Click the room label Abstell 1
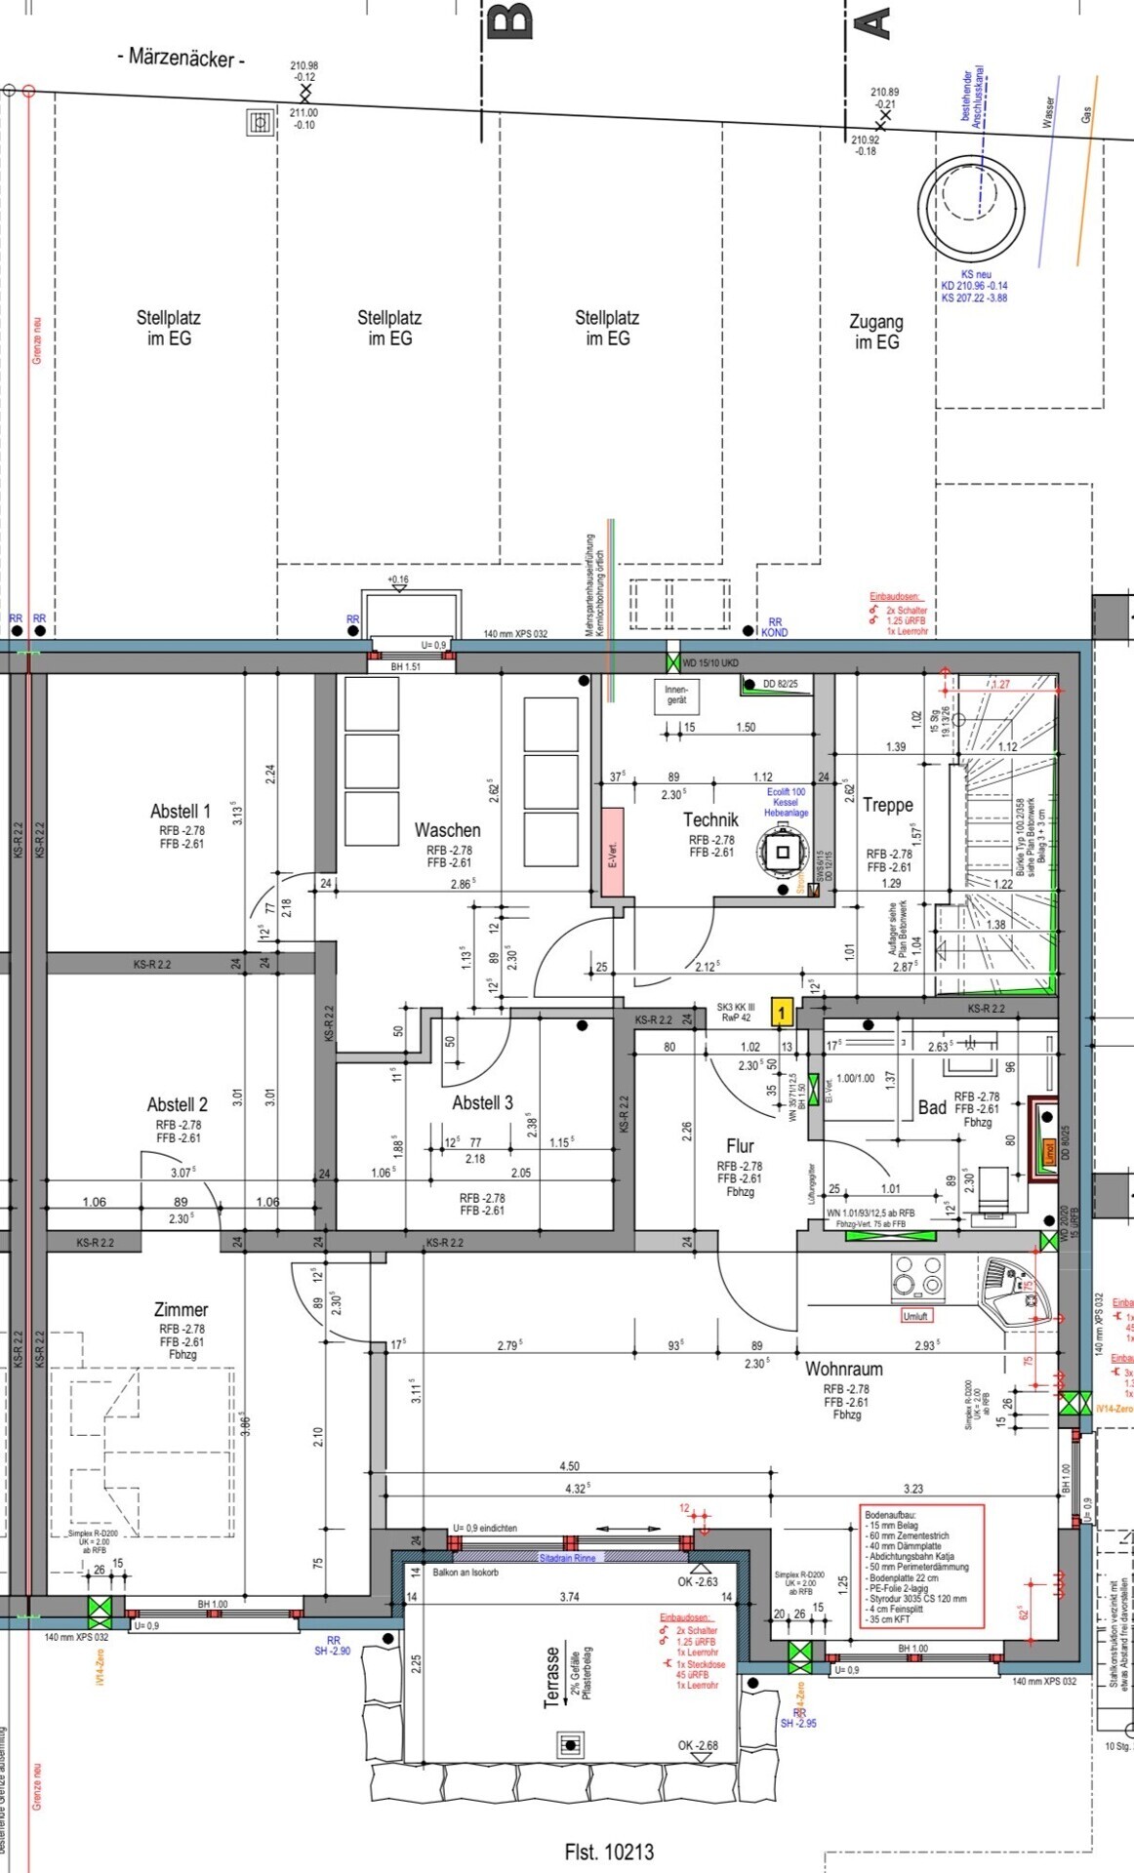pyautogui.click(x=181, y=812)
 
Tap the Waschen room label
pyautogui.click(x=447, y=830)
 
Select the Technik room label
pyautogui.click(x=710, y=820)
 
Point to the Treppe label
pyautogui.click(x=888, y=806)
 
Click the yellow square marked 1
pyautogui.click(x=781, y=1013)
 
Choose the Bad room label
pyautogui.click(x=932, y=1107)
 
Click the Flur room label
pyautogui.click(x=740, y=1146)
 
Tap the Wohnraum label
pyautogui.click(x=843, y=1370)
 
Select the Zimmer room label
pyautogui.click(x=181, y=1310)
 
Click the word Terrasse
pyautogui.click(x=553, y=1678)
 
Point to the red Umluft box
pyautogui.click(x=915, y=1316)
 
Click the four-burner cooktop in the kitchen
pyautogui.click(x=918, y=1277)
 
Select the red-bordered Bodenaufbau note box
pyautogui.click(x=921, y=1566)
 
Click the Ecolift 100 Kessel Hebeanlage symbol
pyautogui.click(x=783, y=852)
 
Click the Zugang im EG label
pyautogui.click(x=875, y=332)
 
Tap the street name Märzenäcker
pyautogui.click(x=182, y=59)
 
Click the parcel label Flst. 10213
pyautogui.click(x=609, y=1852)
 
